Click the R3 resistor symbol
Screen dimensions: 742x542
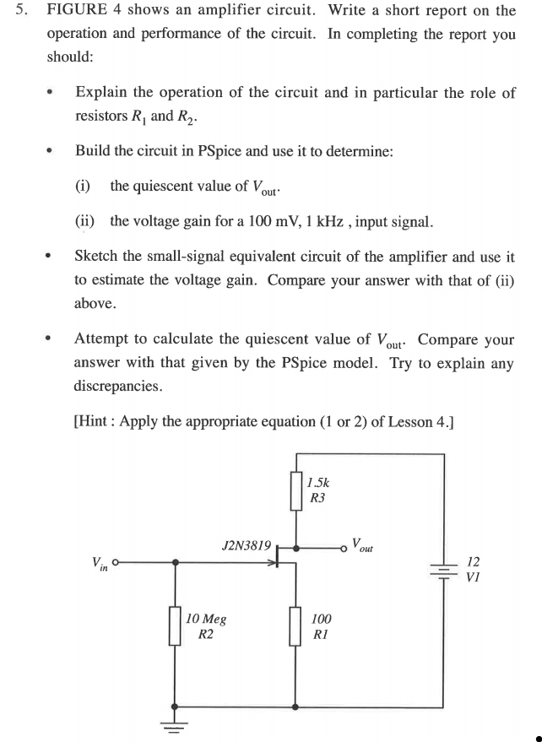(x=295, y=491)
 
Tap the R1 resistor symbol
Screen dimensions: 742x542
(x=295, y=625)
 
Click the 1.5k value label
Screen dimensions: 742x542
(x=319, y=483)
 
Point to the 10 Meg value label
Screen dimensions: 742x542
(x=206, y=618)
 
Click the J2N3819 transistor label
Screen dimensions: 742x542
(x=246, y=546)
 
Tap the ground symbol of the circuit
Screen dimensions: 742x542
(x=176, y=723)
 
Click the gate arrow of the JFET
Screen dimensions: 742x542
(x=274, y=562)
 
